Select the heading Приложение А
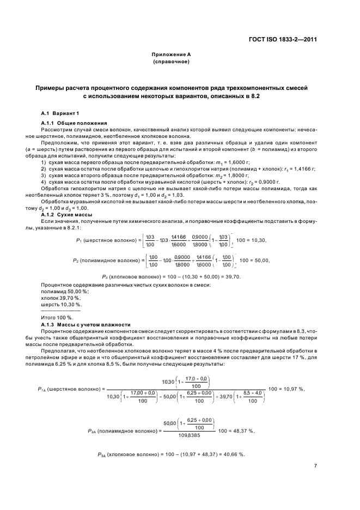point(170,55)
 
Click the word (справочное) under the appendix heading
point(170,62)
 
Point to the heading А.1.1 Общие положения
point(74,123)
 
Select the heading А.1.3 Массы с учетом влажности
point(86,324)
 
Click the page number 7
point(315,465)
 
